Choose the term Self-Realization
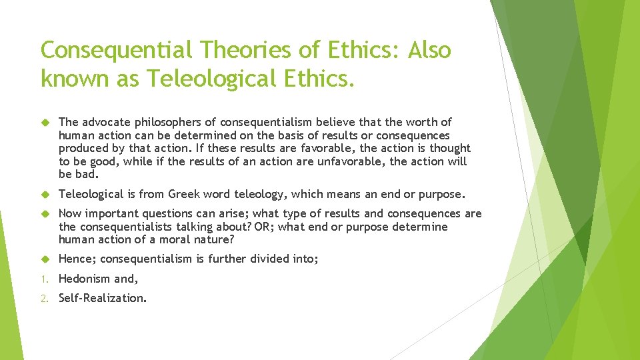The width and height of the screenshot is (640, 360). (x=101, y=298)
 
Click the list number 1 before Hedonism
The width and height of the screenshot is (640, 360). (x=44, y=279)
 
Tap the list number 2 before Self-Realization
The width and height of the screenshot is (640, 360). (x=44, y=298)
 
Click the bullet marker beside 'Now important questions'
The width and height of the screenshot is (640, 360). (x=45, y=214)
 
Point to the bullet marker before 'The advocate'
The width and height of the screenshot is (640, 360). (x=45, y=122)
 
